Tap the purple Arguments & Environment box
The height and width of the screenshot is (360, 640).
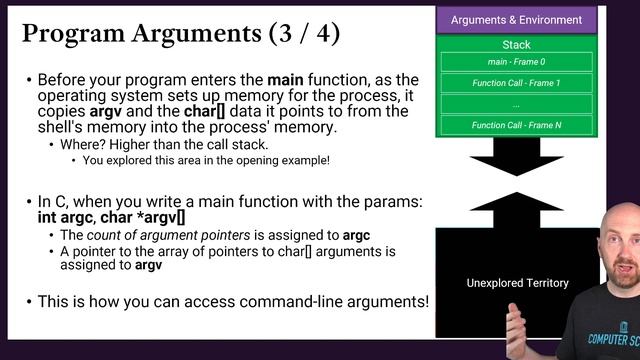pyautogui.click(x=516, y=20)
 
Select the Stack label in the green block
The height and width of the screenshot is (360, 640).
pyautogui.click(x=516, y=45)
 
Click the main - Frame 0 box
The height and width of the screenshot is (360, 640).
pyautogui.click(x=516, y=62)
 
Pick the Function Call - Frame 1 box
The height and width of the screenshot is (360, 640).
pyautogui.click(x=516, y=83)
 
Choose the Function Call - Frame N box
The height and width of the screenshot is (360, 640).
pyautogui.click(x=516, y=124)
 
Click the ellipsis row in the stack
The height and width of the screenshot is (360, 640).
pyautogui.click(x=516, y=103)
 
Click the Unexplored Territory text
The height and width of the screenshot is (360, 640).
pyautogui.click(x=517, y=283)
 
